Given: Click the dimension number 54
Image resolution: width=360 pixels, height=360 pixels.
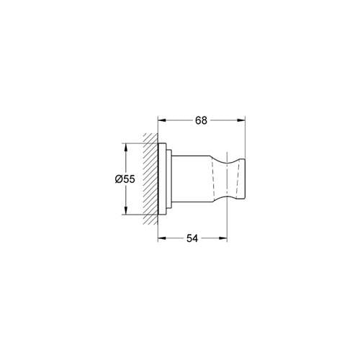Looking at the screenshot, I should [193, 238].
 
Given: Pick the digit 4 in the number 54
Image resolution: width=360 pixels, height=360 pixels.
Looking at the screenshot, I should [197, 238].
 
